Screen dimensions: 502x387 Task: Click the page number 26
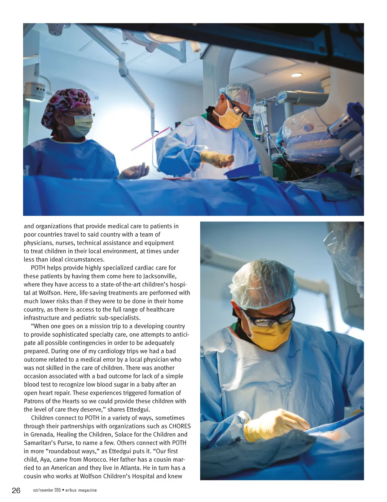point(16,490)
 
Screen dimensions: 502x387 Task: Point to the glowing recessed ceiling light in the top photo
point(297,75)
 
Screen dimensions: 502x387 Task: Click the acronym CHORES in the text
point(180,426)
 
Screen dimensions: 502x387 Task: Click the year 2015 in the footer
point(57,490)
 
